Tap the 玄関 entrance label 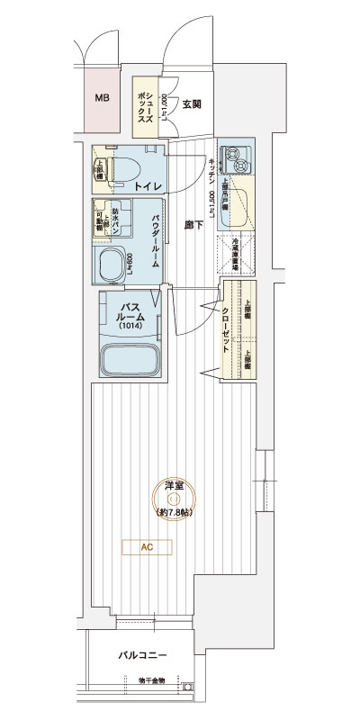tap(191, 104)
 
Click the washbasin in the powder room tap(113, 266)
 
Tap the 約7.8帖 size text tap(174, 512)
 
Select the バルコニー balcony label tap(143, 656)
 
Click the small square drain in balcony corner tap(188, 689)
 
